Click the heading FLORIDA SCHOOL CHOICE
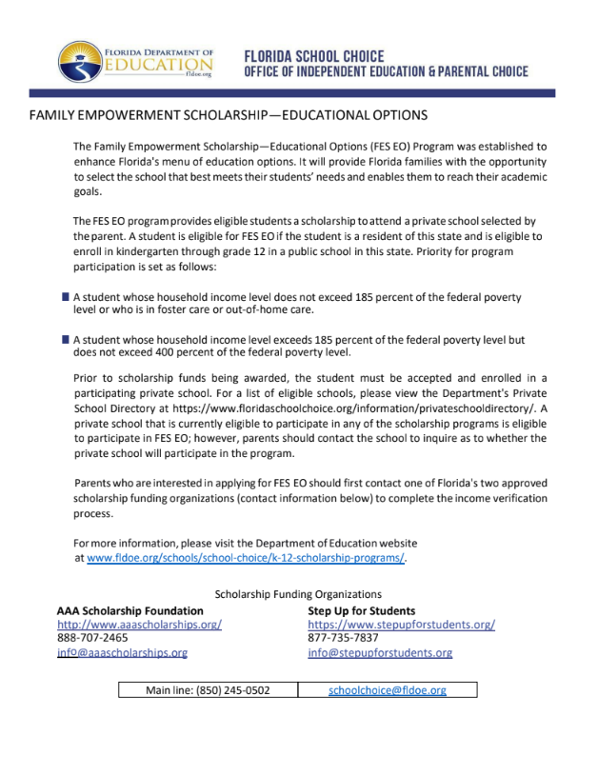click(315, 55)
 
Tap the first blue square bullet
click(65, 297)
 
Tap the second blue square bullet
click(65, 339)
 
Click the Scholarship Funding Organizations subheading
click(298, 594)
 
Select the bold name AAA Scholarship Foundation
click(130, 610)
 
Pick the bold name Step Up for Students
click(361, 610)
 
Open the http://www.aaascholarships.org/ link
click(139, 625)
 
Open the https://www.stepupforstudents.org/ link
click(401, 625)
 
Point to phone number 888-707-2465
click(92, 638)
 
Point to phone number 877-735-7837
click(343, 638)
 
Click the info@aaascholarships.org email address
click(122, 652)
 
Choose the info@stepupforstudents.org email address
click(380, 652)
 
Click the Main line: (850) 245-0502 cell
click(208, 689)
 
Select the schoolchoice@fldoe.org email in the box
click(388, 689)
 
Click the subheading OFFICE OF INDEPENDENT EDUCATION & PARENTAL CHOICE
click(386, 72)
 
